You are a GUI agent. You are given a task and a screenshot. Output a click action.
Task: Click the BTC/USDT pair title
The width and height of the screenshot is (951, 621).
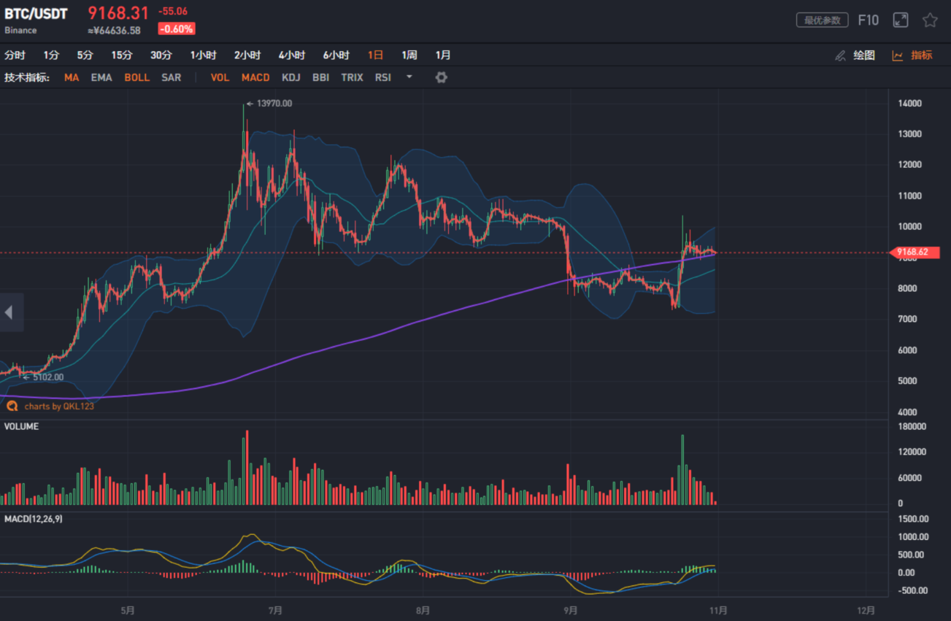click(36, 13)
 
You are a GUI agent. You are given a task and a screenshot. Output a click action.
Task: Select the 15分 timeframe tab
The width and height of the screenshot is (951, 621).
click(122, 55)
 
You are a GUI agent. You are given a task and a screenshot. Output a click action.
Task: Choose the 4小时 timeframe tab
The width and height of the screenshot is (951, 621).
click(291, 55)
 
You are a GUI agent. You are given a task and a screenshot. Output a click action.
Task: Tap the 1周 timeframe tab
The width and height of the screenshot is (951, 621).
click(409, 55)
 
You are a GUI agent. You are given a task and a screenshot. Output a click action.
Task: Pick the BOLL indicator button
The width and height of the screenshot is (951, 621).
click(136, 77)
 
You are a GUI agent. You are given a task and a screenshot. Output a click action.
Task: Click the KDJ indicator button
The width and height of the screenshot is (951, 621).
click(290, 77)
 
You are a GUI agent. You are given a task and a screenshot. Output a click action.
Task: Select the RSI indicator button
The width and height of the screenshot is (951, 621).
click(383, 77)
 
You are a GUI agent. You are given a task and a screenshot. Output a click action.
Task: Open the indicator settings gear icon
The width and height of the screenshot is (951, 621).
click(441, 77)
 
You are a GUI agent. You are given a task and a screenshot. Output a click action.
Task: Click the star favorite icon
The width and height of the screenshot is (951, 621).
click(930, 20)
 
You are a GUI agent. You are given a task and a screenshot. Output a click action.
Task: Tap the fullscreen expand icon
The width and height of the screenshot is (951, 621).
click(901, 20)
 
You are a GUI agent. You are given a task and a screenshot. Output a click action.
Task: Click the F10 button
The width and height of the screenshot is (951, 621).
click(868, 20)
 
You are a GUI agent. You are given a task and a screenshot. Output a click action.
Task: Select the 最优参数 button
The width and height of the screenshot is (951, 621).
click(822, 20)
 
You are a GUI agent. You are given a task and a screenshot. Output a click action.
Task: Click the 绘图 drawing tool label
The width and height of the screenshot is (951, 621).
click(863, 55)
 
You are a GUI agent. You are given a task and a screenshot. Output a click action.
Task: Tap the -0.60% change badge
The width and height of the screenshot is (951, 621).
click(177, 30)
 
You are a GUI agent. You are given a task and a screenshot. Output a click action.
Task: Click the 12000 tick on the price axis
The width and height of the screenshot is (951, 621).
click(909, 165)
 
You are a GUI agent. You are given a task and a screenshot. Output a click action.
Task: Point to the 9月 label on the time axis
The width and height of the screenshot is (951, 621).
click(571, 610)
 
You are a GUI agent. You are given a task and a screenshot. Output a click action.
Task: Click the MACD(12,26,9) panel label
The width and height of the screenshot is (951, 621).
click(33, 519)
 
